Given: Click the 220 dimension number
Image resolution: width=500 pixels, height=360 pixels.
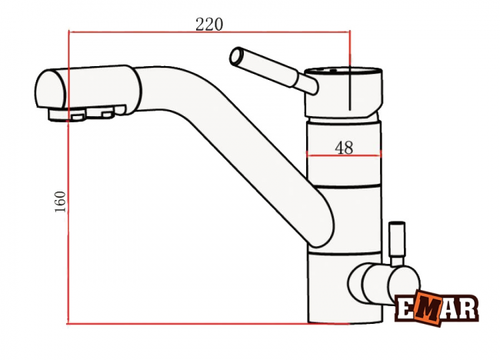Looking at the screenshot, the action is point(209,25).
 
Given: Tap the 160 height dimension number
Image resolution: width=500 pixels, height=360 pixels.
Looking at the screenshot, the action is point(60,202).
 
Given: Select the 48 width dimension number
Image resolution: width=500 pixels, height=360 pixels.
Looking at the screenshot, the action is point(344,148).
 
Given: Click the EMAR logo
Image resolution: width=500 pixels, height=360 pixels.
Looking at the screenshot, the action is point(437,308).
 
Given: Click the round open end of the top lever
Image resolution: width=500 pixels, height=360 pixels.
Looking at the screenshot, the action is point(237,57).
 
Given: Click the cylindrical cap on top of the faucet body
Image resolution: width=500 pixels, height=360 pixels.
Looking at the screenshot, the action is point(343,92).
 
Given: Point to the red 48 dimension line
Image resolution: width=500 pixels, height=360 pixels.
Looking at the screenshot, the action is point(344,155).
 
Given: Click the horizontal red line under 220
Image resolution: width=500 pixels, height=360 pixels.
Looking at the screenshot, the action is point(209,32).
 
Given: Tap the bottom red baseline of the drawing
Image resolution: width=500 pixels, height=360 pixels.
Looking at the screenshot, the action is point(207,324).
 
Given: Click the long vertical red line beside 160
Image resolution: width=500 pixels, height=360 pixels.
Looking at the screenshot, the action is point(68,177).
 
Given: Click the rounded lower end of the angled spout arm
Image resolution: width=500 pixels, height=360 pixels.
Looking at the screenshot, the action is point(321,229).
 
